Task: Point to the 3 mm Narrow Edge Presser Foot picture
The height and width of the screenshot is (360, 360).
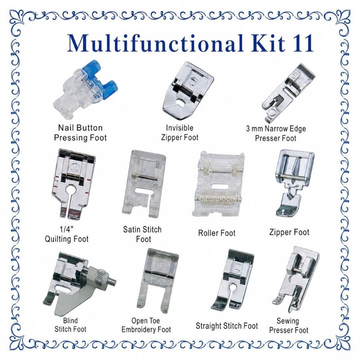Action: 288,93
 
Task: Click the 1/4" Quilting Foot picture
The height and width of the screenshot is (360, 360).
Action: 73,183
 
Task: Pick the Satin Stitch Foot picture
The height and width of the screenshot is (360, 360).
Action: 144,184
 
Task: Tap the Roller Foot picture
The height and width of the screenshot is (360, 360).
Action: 218,184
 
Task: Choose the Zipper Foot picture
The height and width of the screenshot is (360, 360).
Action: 295,183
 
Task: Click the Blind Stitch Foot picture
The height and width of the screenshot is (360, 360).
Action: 79,283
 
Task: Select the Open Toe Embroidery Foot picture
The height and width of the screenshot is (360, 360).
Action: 158,281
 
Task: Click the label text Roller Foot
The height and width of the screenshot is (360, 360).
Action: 217,233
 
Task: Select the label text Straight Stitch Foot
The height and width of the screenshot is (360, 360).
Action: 227,326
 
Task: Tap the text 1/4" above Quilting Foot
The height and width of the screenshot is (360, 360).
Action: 66,229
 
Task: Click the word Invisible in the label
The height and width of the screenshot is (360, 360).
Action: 180,128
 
